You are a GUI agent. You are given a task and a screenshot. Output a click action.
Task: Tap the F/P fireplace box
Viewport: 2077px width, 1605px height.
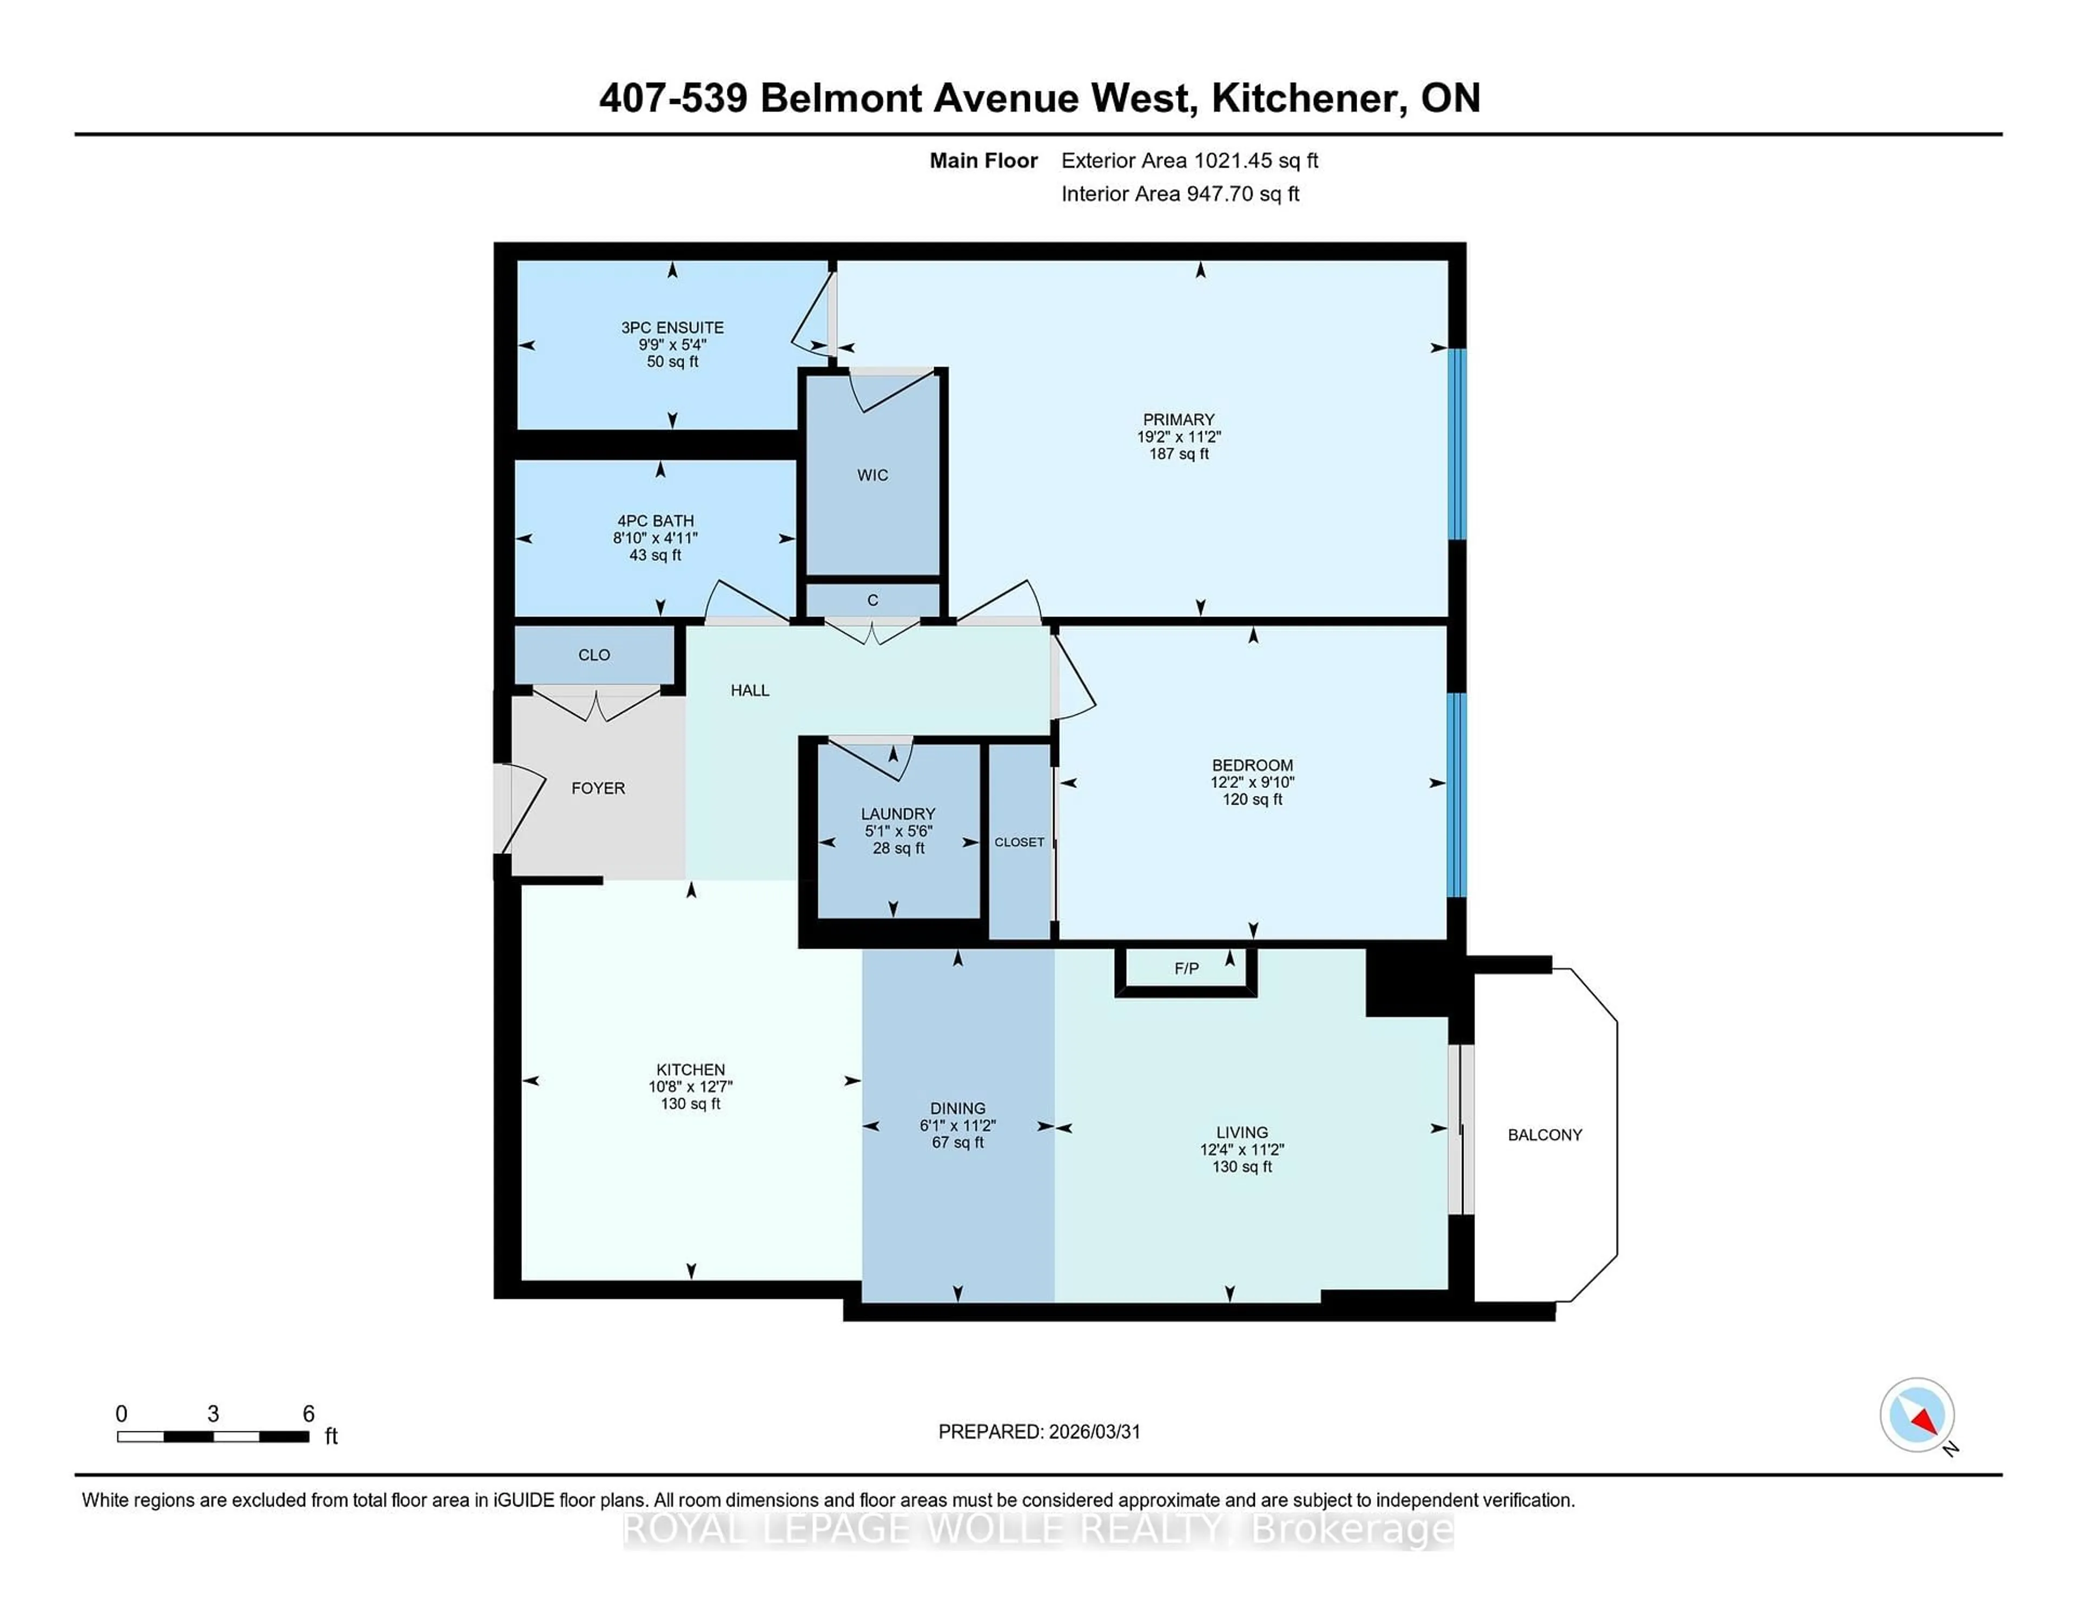[x=1186, y=969]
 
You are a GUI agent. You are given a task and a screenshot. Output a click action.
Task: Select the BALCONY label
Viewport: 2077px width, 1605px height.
[x=1544, y=1135]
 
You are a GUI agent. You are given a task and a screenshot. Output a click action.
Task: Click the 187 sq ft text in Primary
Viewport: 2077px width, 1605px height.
[x=1178, y=454]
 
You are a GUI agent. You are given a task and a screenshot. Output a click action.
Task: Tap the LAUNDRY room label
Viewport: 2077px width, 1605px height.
[x=898, y=814]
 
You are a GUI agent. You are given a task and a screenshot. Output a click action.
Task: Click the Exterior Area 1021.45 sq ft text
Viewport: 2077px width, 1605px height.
[x=1189, y=161]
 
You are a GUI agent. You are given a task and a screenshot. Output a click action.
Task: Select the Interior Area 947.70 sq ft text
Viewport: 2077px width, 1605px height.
[x=1179, y=194]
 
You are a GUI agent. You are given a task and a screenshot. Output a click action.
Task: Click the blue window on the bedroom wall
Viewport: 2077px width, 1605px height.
[x=1456, y=795]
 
